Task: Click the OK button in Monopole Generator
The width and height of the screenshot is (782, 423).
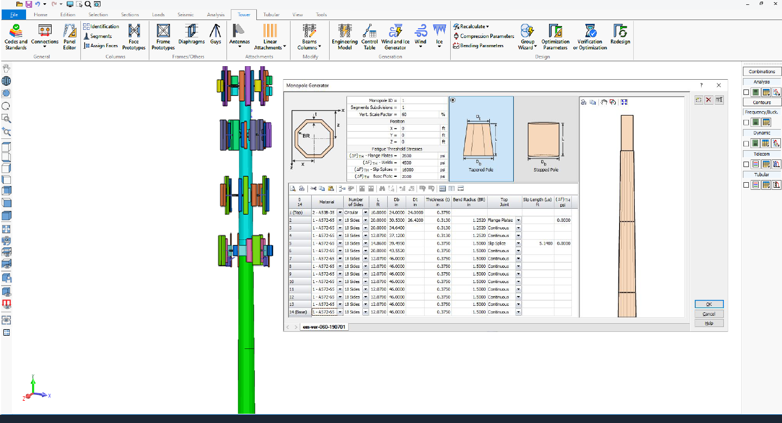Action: (709, 304)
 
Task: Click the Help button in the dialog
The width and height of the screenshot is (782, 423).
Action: (709, 323)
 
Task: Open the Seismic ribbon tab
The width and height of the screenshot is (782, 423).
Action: (186, 15)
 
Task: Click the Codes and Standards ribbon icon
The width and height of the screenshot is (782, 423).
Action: (16, 36)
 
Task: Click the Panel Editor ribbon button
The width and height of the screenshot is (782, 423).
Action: (70, 36)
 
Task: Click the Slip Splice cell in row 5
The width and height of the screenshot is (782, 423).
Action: (501, 243)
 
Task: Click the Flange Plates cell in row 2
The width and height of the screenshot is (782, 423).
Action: (501, 220)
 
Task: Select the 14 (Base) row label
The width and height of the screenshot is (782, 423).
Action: (299, 312)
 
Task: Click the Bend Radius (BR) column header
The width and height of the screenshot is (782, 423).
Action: (469, 202)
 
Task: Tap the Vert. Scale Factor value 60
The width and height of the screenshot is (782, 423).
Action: (419, 114)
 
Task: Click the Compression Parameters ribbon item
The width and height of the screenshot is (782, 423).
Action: (487, 36)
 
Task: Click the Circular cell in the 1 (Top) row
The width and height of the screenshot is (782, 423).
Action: (352, 213)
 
